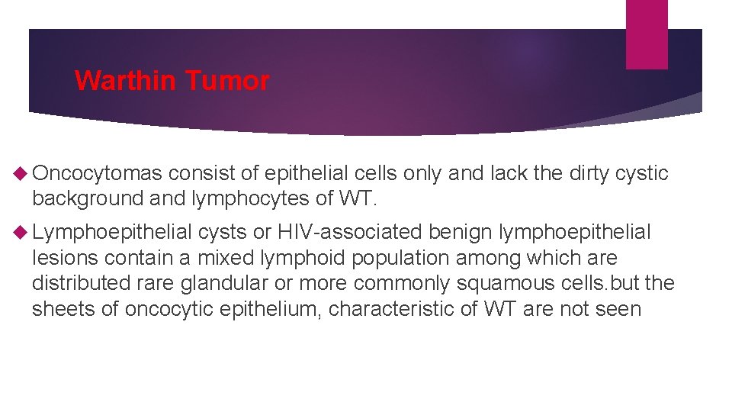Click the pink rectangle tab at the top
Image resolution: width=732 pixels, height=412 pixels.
646,34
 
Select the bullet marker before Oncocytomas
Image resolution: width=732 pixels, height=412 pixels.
21,174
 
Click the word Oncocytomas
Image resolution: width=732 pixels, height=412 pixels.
97,174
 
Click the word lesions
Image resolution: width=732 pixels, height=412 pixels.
65,257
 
